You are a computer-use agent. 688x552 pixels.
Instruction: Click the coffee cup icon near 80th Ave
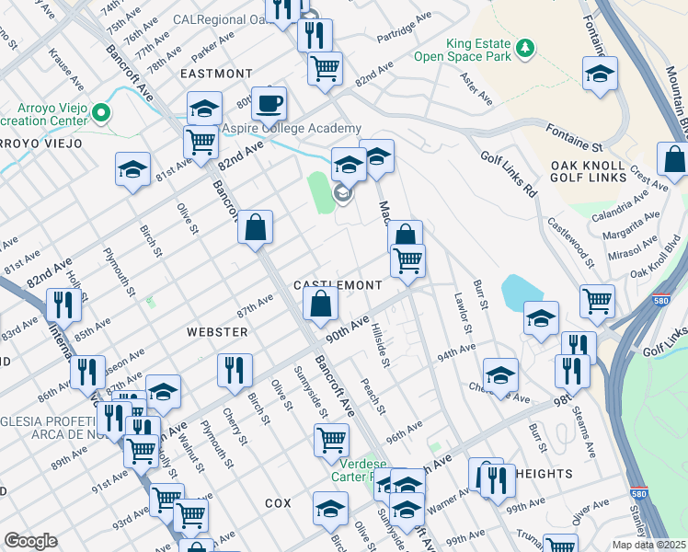tap(269, 103)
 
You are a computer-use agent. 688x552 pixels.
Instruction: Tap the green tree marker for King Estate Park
tap(524, 46)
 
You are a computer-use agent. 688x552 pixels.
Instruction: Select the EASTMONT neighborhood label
tap(216, 74)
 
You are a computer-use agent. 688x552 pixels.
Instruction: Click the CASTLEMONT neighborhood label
tap(337, 286)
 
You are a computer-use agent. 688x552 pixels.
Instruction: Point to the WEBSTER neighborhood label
tap(217, 331)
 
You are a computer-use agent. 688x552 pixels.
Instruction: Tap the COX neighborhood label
tap(278, 503)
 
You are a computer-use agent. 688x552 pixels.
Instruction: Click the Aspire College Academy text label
tap(287, 130)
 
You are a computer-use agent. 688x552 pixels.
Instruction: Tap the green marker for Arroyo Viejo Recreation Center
tap(101, 113)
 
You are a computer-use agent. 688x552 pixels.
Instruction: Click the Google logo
tap(30, 541)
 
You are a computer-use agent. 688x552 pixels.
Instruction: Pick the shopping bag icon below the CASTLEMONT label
tap(320, 304)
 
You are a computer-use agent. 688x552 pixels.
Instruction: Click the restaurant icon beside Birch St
tap(235, 370)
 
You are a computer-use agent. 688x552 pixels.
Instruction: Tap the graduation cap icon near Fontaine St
tap(600, 73)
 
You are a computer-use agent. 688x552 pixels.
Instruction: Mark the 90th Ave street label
tap(346, 332)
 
